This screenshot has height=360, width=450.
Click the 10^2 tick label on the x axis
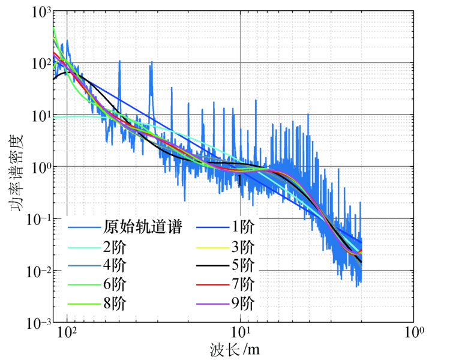[x=67, y=332]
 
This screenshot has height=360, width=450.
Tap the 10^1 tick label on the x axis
[x=241, y=332]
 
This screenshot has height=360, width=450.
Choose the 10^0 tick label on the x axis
[x=413, y=332]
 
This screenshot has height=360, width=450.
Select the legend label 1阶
[x=243, y=227]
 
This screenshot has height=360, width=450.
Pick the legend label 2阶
[x=115, y=246]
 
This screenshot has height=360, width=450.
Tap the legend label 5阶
[x=243, y=265]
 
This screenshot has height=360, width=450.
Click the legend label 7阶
[x=243, y=283]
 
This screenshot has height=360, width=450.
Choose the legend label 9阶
[x=243, y=302]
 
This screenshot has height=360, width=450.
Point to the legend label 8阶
[x=115, y=302]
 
